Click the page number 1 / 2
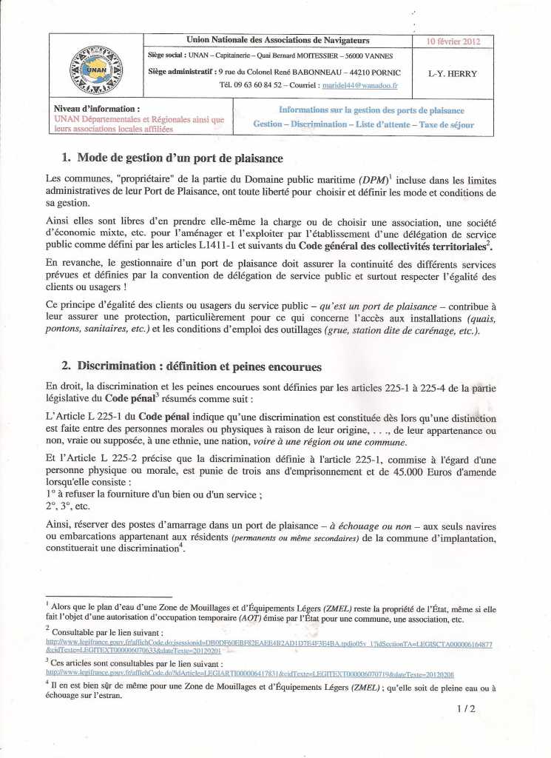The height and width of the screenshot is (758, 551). point(466,708)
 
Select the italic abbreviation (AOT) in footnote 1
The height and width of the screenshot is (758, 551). point(251,619)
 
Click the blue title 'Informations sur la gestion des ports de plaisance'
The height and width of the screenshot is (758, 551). point(371,110)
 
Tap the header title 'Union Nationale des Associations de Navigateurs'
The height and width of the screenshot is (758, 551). point(278,40)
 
